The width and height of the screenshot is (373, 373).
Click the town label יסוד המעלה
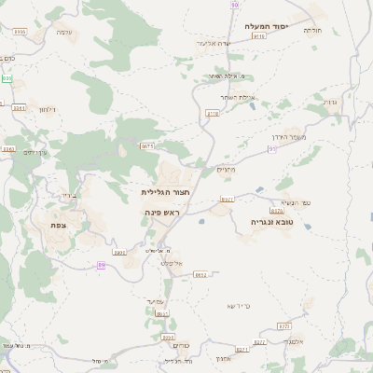click(x=269, y=26)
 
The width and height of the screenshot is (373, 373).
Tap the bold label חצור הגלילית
click(x=165, y=192)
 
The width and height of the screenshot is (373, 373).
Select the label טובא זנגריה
click(x=272, y=222)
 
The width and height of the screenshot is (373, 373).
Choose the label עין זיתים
click(x=35, y=152)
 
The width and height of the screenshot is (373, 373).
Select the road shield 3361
click(x=9, y=148)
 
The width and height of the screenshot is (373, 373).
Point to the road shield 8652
click(x=200, y=275)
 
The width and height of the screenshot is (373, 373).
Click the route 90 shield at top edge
click(x=234, y=5)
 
